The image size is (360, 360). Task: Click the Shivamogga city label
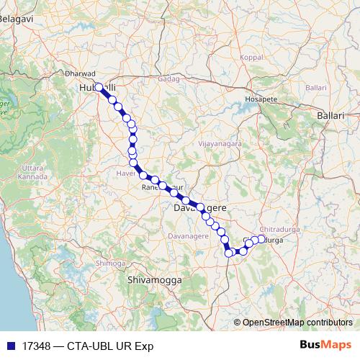pos(154,279)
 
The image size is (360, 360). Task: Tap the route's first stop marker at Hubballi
pos(99,88)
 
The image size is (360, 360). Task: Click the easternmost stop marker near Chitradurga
pos(261,238)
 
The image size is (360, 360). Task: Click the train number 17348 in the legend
pos(35,346)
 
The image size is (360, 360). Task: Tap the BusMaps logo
pos(325,345)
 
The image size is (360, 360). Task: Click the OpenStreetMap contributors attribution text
pos(297,323)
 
